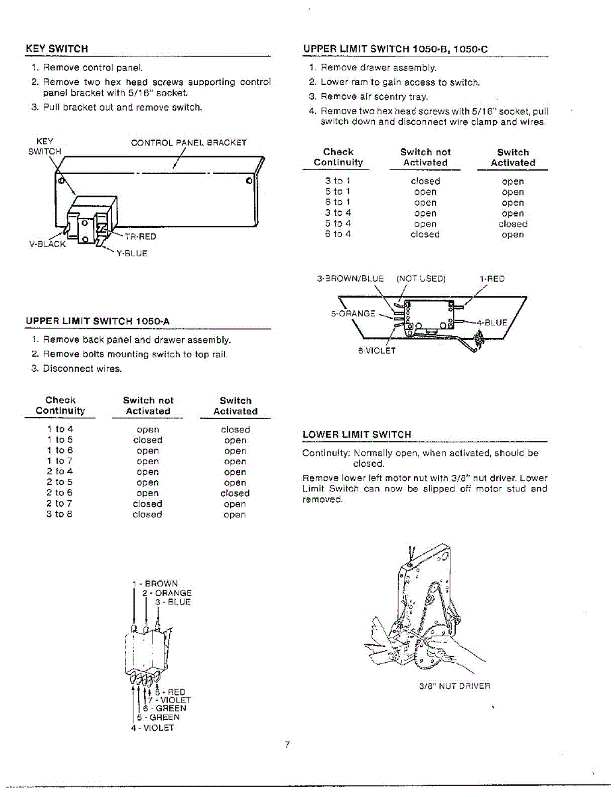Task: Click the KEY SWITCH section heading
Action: pos(56,48)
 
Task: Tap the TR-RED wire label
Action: pos(140,236)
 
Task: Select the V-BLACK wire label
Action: pos(47,244)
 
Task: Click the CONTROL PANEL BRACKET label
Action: pos(188,143)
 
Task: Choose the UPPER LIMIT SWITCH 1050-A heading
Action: pos(98,321)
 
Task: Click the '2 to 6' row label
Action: pos(60,493)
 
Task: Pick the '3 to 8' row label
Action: pos(60,515)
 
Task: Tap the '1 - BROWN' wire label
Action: pos(155,584)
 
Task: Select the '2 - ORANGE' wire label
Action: pos(167,593)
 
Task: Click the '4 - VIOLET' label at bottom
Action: pos(153,727)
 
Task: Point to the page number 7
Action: pos(287,745)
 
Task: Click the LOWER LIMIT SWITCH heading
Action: pos(357,435)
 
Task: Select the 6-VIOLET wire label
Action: pos(376,351)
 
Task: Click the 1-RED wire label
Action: pos(492,279)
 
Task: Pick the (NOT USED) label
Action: pos(421,279)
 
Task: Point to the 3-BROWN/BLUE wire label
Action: pos(350,279)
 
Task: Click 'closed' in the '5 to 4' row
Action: pos(513,224)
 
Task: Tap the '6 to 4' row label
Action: pos(338,234)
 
